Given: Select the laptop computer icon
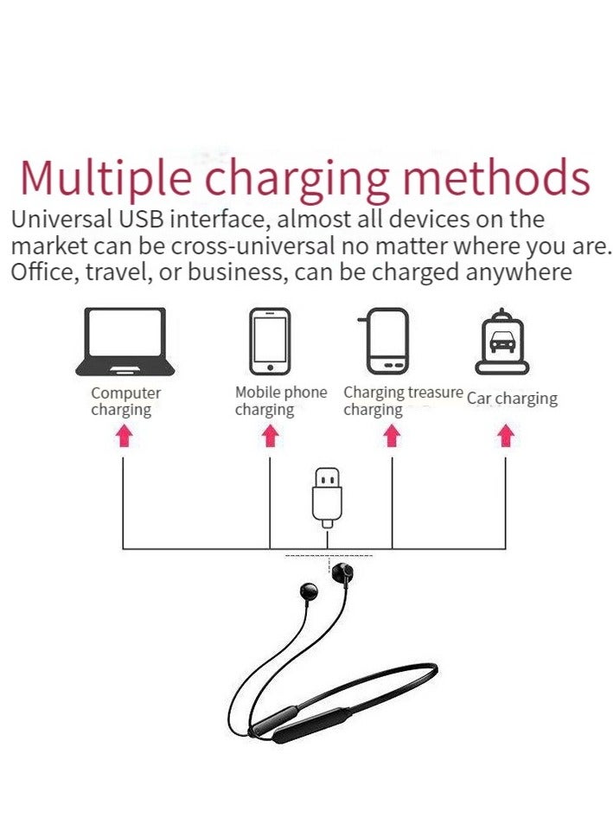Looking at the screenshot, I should pos(125,342).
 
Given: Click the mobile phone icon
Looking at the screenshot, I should pos(270,342).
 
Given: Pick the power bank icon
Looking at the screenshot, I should pos(383,342).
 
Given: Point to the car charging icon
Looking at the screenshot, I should pos(501,343).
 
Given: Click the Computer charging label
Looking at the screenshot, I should pos(125,401).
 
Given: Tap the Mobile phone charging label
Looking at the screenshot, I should pos(280,401).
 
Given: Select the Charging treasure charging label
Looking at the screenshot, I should pos(403,400).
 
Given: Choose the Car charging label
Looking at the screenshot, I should pos(512,399).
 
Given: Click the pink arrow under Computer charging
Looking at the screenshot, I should pos(124,436).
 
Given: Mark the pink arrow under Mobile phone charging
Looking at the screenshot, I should pos(271,436).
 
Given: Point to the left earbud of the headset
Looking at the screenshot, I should pos(309,592).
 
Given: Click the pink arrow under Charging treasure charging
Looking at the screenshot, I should pos(393,436).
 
